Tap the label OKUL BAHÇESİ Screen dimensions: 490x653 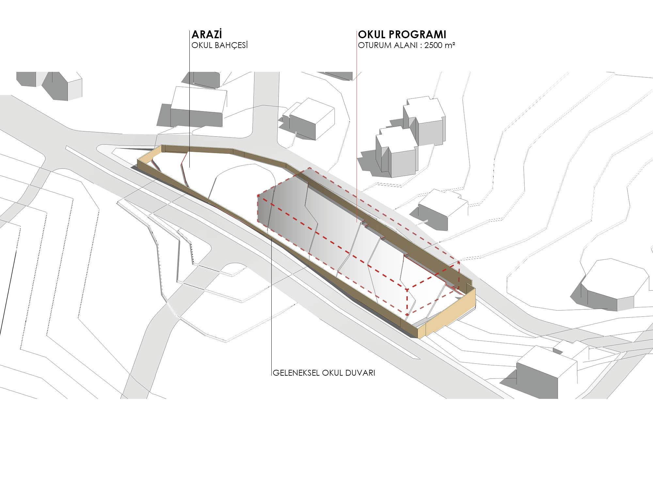(x=219, y=45)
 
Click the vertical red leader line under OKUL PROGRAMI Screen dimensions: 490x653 (x=357, y=131)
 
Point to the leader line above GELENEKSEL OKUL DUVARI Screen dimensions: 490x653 (x=272, y=310)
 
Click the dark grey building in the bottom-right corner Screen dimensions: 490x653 (x=539, y=376)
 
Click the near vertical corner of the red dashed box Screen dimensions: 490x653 (x=406, y=302)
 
